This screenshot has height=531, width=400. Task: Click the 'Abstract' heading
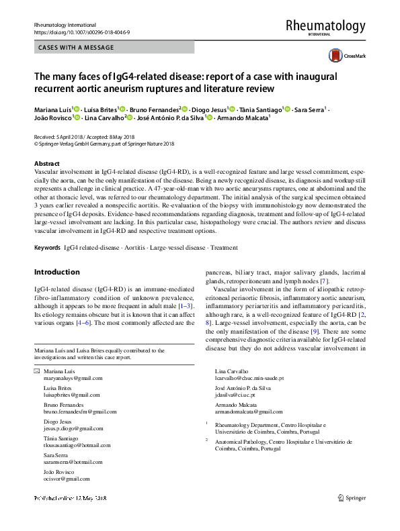coord(48,164)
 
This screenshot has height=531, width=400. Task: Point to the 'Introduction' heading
coord(56,273)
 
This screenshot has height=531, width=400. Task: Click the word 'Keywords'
coord(47,248)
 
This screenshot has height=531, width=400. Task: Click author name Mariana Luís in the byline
coord(53,108)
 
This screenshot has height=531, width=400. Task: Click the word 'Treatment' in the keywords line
coord(224,248)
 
